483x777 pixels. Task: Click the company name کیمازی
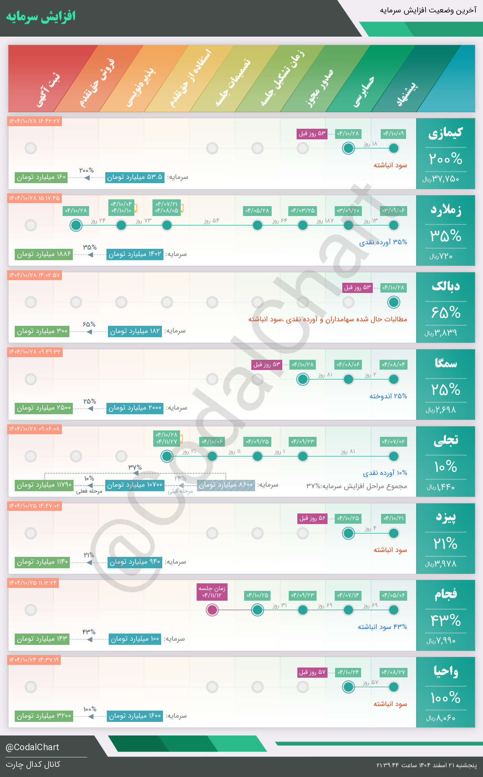click(x=445, y=133)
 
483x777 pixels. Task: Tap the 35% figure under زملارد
click(x=446, y=236)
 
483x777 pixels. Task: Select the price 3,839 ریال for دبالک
click(x=441, y=333)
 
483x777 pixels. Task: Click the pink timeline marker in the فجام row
click(x=212, y=610)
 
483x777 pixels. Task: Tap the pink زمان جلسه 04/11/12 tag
click(x=212, y=592)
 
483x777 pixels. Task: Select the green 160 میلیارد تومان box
click(x=41, y=177)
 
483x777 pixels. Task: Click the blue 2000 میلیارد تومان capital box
click(x=135, y=408)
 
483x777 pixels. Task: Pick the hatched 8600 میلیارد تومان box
click(x=226, y=485)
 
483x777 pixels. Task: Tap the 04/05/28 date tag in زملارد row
click(x=257, y=211)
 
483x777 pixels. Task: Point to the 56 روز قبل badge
click(x=312, y=518)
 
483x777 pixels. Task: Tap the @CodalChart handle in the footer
click(x=32, y=747)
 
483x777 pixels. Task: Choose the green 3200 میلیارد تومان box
click(x=44, y=716)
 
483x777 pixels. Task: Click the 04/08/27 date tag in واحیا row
click(x=393, y=672)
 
